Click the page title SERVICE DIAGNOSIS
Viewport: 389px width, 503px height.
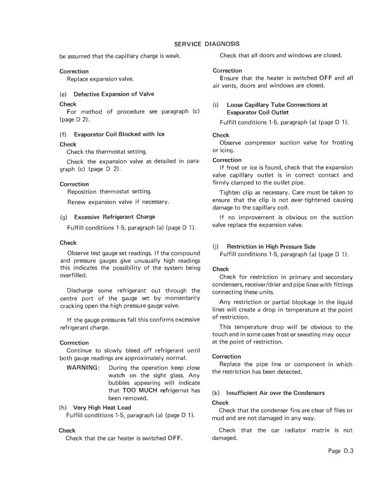click(x=206, y=44)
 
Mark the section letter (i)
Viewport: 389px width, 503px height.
click(x=216, y=104)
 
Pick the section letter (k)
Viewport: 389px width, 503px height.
click(x=216, y=394)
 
